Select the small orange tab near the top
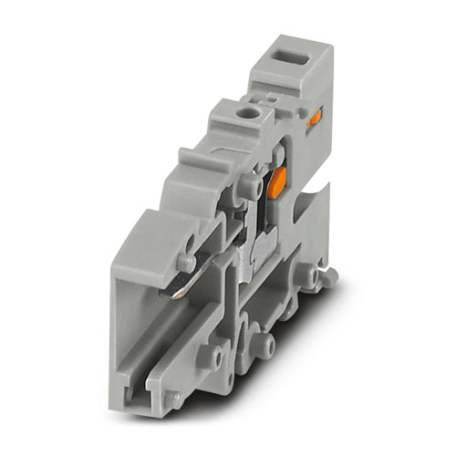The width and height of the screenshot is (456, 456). click(315, 117)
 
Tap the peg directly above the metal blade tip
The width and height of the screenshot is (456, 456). click(186, 262)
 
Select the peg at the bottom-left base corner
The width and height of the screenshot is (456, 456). click(171, 398)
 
